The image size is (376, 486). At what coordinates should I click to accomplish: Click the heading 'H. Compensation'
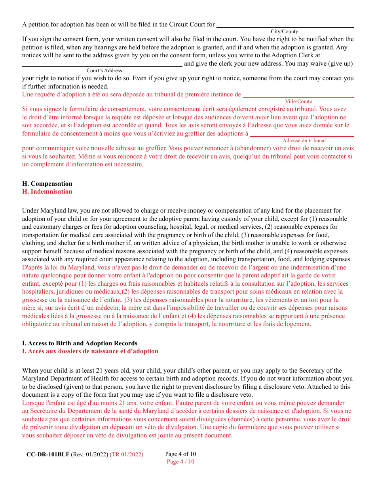pyautogui.click(x=47, y=184)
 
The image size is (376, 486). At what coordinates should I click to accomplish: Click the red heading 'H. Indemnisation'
pyautogui.click(x=47, y=192)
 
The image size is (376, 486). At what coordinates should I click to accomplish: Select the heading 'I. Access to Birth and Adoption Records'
pyautogui.click(x=80, y=343)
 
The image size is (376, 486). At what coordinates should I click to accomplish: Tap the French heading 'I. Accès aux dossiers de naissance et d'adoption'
pyautogui.click(x=90, y=351)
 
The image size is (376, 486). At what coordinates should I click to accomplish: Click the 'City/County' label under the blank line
pyautogui.click(x=284, y=32)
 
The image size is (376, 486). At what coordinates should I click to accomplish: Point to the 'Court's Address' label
pyautogui.click(x=104, y=71)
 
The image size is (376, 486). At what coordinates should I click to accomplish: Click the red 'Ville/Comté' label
pyautogui.click(x=298, y=102)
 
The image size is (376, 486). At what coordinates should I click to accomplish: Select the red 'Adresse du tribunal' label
pyautogui.click(x=304, y=141)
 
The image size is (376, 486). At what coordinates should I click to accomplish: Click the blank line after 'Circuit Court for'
pyautogui.click(x=285, y=26)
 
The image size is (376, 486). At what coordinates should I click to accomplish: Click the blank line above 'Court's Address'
pyautogui.click(x=102, y=65)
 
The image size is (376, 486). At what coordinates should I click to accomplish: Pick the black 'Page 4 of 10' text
pyautogui.click(x=180, y=454)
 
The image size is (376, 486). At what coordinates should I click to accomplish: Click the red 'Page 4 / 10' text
pyautogui.click(x=180, y=462)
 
